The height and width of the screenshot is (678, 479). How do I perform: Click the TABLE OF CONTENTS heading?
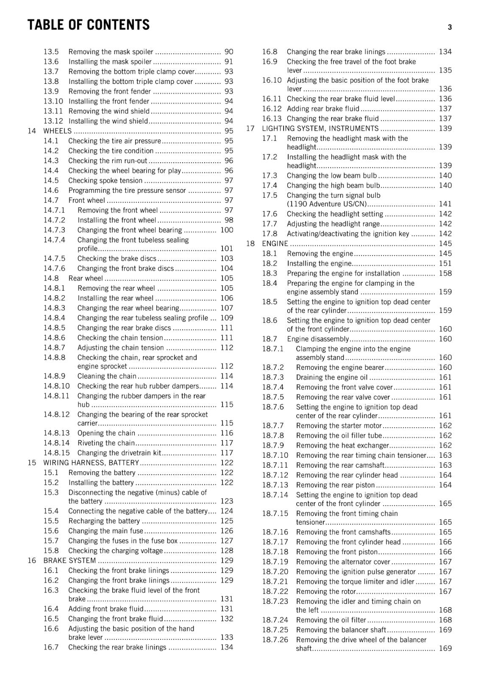tap(89, 25)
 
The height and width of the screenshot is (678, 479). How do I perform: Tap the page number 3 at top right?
tap(449, 28)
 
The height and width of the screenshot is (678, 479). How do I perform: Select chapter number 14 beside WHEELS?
tap(32, 131)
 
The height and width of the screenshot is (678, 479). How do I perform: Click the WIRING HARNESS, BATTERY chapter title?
tap(91, 463)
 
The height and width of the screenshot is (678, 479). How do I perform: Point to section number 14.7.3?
tap(54, 230)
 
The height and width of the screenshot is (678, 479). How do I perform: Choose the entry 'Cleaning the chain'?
tap(107, 376)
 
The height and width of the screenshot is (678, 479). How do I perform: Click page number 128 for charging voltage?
tap(227, 550)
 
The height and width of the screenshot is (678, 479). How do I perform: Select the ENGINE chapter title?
tap(275, 244)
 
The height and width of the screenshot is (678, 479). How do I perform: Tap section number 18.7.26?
tap(275, 640)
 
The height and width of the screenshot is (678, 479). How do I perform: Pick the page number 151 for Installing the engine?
tap(445, 263)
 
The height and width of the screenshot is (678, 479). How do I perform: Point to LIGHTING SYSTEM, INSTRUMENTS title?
tap(320, 128)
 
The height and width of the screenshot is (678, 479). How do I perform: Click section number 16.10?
tap(271, 80)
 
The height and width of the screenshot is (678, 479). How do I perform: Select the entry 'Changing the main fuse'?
tap(106, 531)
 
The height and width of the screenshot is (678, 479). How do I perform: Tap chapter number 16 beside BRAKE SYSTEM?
tap(32, 561)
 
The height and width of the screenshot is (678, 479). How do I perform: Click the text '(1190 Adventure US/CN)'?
tap(326, 204)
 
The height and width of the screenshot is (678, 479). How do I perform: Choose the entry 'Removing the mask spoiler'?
tap(111, 52)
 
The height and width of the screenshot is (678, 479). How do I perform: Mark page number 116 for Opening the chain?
tap(227, 433)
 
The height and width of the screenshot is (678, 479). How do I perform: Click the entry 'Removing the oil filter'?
tap(331, 620)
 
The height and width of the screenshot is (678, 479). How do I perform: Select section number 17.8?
tap(270, 234)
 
